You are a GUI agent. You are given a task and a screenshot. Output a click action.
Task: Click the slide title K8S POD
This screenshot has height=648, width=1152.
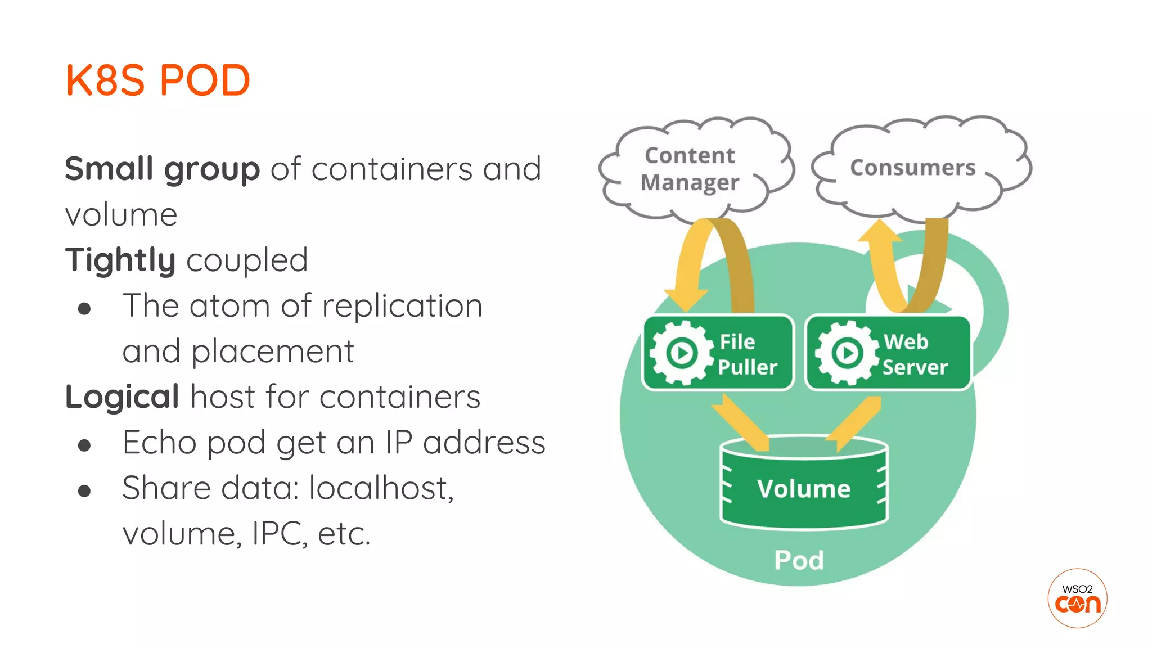click(x=157, y=80)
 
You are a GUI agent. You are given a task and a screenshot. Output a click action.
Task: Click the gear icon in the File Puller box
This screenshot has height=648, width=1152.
click(x=682, y=353)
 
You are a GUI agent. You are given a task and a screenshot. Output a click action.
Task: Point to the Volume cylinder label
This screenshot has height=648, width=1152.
click(x=803, y=488)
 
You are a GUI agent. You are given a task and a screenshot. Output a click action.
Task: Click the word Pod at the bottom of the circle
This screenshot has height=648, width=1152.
click(x=799, y=560)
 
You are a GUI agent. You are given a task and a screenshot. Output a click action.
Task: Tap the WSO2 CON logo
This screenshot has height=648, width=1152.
click(x=1077, y=598)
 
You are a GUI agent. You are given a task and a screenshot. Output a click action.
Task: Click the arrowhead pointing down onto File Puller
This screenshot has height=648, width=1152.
click(x=686, y=298)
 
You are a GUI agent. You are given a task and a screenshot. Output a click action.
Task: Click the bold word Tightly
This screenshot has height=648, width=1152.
click(x=120, y=260)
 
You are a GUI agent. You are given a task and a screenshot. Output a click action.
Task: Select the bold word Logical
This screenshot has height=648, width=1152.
click(x=122, y=397)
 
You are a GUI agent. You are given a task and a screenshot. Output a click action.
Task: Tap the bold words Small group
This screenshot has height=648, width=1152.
click(x=162, y=169)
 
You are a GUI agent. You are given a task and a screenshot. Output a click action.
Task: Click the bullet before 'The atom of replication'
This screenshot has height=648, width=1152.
click(x=84, y=308)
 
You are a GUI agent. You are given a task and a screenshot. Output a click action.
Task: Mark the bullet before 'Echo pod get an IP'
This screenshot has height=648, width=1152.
click(x=84, y=445)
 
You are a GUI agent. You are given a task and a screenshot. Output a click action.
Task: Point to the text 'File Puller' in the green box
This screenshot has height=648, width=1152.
click(x=747, y=354)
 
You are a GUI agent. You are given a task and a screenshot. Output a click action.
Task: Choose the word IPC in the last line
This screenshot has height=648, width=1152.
click(x=280, y=533)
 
